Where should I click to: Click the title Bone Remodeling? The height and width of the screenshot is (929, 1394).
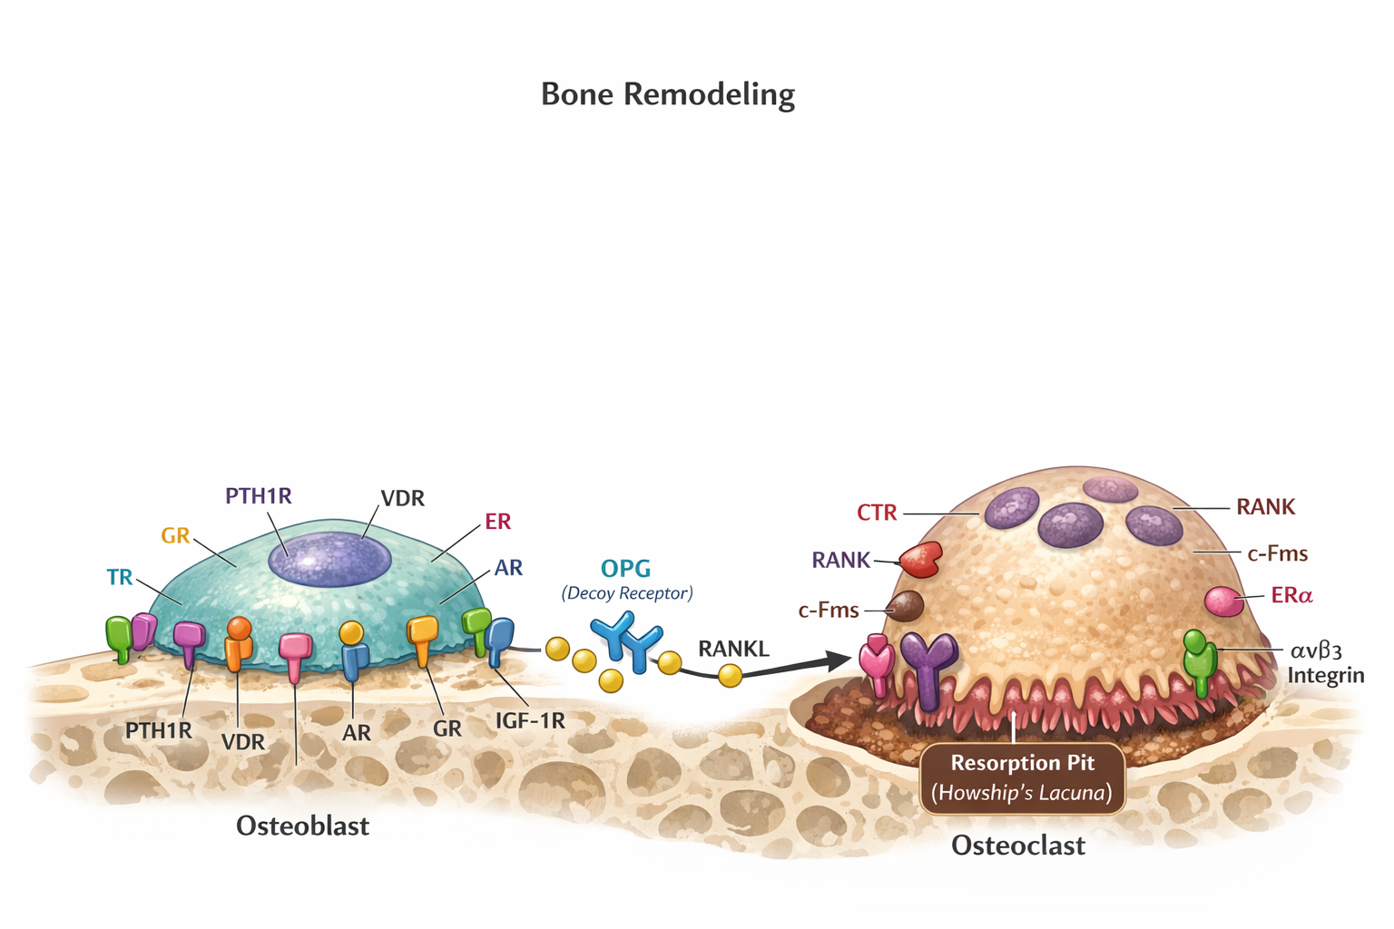(x=668, y=94)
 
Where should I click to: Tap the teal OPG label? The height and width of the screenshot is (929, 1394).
(x=626, y=569)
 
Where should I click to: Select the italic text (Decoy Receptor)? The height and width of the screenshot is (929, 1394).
(x=626, y=593)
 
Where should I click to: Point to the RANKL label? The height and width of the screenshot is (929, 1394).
(x=733, y=649)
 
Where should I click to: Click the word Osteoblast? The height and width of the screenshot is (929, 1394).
(x=302, y=826)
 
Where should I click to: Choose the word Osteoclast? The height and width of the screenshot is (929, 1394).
(x=1018, y=846)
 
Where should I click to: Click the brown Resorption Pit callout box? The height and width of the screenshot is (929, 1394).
(x=1023, y=777)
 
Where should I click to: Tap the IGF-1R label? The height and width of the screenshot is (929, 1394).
(x=530, y=721)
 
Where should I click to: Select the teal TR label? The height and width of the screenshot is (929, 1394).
(x=120, y=577)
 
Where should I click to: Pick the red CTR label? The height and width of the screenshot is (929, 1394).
(x=877, y=513)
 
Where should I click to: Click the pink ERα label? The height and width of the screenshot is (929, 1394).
(x=1292, y=595)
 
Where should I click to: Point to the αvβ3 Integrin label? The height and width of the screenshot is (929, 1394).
(x=1324, y=662)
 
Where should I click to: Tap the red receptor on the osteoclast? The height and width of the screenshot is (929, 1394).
(x=921, y=560)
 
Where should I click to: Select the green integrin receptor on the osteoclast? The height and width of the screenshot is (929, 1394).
(x=1200, y=663)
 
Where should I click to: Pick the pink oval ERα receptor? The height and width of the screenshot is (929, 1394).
(x=1223, y=601)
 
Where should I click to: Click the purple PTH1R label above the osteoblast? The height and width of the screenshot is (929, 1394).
(x=259, y=496)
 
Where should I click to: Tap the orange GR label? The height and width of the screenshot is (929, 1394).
(x=175, y=535)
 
